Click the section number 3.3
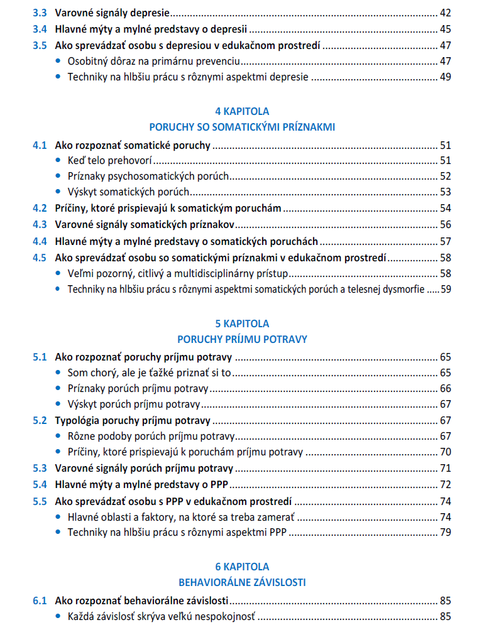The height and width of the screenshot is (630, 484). pos(40,13)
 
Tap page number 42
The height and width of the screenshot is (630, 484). pos(445,13)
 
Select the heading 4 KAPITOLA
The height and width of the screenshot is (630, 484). pos(242,111)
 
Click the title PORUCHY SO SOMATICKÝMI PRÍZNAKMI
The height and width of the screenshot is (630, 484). pos(242,127)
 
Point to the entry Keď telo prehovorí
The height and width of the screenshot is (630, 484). pos(110,161)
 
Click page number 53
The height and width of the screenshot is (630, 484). pos(445,192)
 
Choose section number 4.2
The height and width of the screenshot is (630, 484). pos(40,208)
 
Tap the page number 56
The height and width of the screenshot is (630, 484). pos(445,224)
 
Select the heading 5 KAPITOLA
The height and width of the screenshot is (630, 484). pos(242,323)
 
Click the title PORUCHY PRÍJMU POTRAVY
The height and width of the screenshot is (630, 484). pos(242,339)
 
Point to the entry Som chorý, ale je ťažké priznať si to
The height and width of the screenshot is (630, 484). pos(150,373)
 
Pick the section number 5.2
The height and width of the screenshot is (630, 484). pos(40,420)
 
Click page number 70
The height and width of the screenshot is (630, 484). pos(445,452)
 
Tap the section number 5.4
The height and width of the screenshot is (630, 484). pos(40,484)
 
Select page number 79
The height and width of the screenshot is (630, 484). pos(445,533)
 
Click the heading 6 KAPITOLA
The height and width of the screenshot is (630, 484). pos(242,567)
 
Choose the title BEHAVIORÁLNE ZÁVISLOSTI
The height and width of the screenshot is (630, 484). pos(242,582)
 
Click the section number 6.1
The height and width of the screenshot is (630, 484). pos(40,600)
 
